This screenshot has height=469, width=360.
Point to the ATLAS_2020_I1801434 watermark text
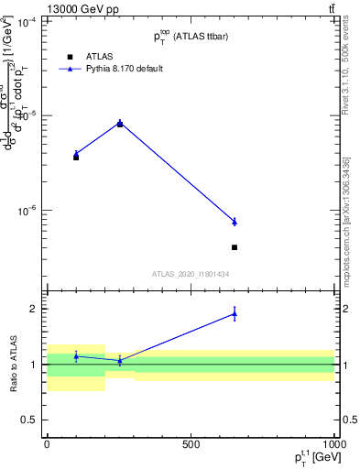(x=191, y=274)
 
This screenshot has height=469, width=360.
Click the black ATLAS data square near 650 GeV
(x=235, y=247)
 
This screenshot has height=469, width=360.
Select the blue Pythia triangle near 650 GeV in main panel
(x=235, y=222)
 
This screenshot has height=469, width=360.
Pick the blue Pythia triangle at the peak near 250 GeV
(x=119, y=123)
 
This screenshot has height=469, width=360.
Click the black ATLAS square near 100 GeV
(x=76, y=158)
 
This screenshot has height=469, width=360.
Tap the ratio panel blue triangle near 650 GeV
(x=235, y=314)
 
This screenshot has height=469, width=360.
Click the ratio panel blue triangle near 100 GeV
(x=76, y=356)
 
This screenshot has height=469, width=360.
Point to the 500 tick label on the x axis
(x=191, y=443)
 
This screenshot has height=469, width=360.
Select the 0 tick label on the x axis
(x=47, y=443)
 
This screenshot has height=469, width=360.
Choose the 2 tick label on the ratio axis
(x=32, y=309)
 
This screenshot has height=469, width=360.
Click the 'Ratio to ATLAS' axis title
(x=12, y=365)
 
